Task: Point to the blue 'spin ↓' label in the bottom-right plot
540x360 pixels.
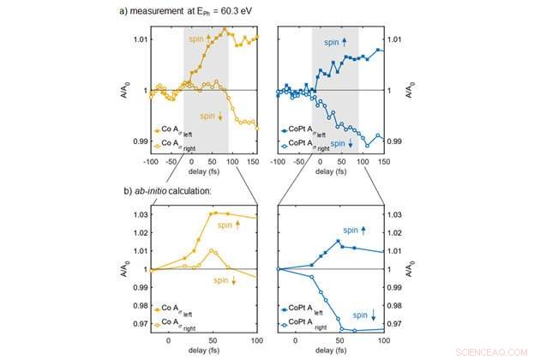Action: [x=363, y=315]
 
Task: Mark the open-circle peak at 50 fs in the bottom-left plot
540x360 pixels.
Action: [x=213, y=250]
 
